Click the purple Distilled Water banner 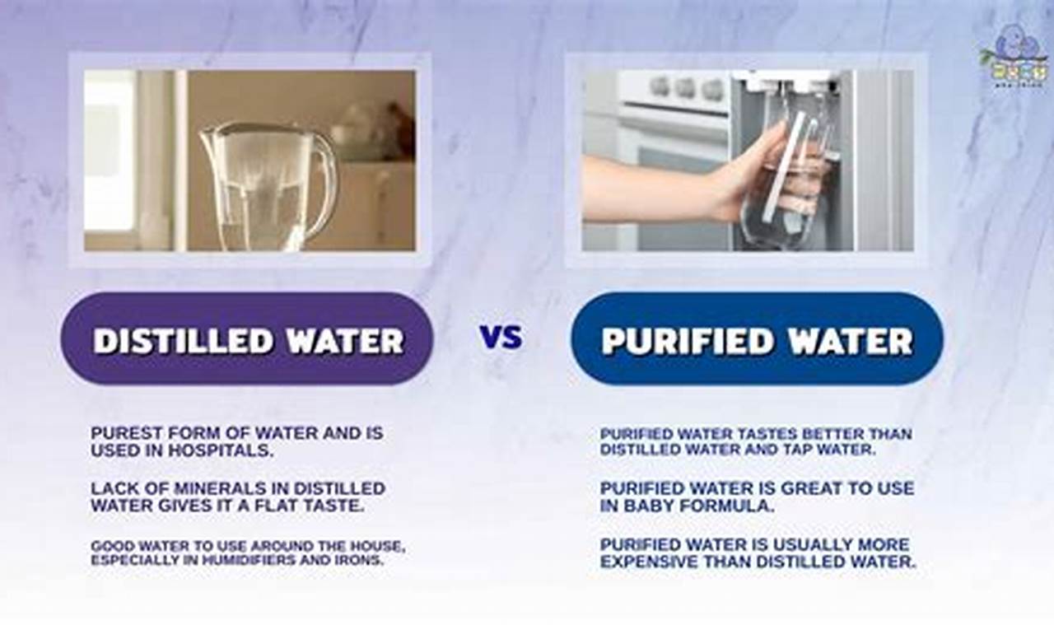coord(247,339)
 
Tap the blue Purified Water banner coord(757,339)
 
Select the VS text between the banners coord(501,337)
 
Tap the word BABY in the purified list coord(645,506)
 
